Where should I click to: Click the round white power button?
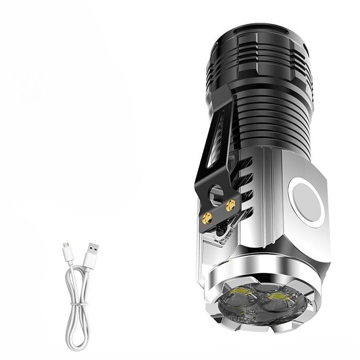307,202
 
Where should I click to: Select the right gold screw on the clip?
230,206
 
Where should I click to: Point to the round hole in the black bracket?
216,194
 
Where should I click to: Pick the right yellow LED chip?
276,300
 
